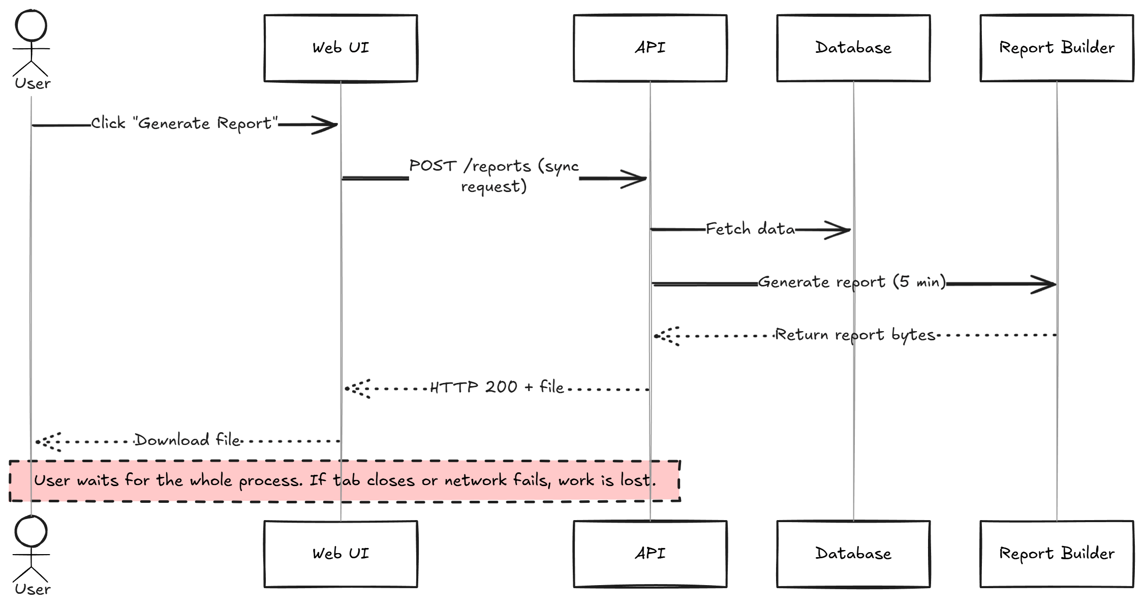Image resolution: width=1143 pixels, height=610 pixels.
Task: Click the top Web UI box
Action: [341, 48]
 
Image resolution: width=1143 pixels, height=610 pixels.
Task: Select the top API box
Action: [650, 48]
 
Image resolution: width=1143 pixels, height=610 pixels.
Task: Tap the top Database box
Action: [853, 48]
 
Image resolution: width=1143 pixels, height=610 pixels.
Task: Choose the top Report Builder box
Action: [1057, 48]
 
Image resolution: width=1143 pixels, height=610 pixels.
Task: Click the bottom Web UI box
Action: [341, 554]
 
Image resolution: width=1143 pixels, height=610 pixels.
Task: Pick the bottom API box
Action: [650, 554]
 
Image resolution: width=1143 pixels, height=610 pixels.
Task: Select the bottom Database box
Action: [853, 554]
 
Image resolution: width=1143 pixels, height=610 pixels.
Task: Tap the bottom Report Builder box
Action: [1057, 554]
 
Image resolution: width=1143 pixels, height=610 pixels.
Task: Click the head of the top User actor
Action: [32, 25]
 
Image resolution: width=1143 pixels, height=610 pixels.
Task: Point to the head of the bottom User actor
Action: [32, 532]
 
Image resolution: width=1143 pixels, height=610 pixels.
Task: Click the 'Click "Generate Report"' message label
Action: [184, 123]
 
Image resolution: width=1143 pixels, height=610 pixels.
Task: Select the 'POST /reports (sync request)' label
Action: [494, 176]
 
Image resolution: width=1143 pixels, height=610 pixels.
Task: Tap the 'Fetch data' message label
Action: [750, 229]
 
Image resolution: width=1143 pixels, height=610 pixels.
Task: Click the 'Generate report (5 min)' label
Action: [852, 282]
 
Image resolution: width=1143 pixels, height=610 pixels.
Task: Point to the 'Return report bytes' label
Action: [855, 335]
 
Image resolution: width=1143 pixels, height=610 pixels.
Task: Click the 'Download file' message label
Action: [188, 440]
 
